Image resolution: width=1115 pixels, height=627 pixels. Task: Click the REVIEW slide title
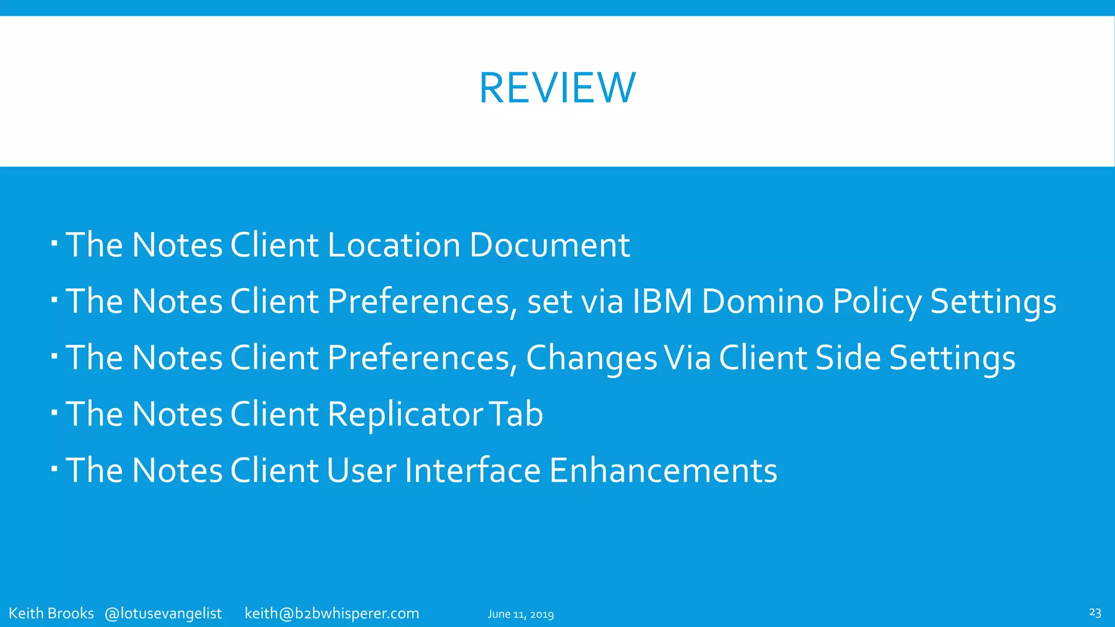[557, 88]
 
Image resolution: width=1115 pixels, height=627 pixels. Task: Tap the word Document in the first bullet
[549, 245]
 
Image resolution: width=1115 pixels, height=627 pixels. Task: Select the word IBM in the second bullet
[662, 302]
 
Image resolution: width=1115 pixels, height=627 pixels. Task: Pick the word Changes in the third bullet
[591, 359]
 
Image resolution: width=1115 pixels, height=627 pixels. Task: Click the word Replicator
[405, 415]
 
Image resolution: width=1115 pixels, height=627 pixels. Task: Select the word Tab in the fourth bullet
[516, 414]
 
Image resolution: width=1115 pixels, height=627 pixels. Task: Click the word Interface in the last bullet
[473, 471]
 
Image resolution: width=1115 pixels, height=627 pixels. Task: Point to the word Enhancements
[663, 471]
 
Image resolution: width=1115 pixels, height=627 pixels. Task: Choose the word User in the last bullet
[362, 471]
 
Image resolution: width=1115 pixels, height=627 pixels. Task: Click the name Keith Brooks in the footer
[51, 613]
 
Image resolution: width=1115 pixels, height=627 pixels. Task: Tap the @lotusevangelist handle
[163, 613]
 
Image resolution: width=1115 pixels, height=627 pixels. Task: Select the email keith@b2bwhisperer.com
[332, 613]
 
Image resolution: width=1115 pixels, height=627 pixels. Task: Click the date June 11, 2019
[520, 614]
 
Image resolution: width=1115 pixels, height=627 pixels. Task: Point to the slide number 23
[1095, 612]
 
